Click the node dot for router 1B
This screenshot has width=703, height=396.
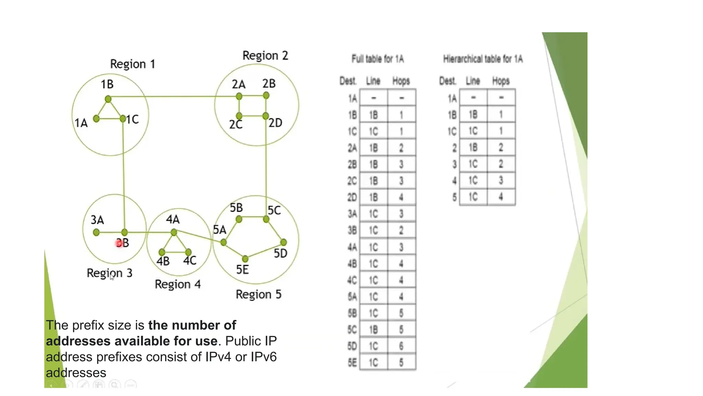108,99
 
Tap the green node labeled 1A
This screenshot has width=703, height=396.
96,119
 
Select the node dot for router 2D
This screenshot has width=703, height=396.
266,116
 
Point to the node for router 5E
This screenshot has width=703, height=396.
245,258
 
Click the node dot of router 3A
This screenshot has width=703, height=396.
96,233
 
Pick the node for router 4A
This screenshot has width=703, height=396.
174,233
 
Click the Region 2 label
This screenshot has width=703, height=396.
265,56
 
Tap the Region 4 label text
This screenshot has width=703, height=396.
177,284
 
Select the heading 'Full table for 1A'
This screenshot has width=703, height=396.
378,59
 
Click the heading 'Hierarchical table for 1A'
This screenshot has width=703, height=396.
483,59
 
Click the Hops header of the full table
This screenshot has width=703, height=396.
401,81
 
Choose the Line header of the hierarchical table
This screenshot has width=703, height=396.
473,81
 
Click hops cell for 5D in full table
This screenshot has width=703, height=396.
401,346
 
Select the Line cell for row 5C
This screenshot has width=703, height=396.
373,330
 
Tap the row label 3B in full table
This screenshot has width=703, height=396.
352,230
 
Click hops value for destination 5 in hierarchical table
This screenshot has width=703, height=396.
501,197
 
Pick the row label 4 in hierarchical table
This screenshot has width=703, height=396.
454,180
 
